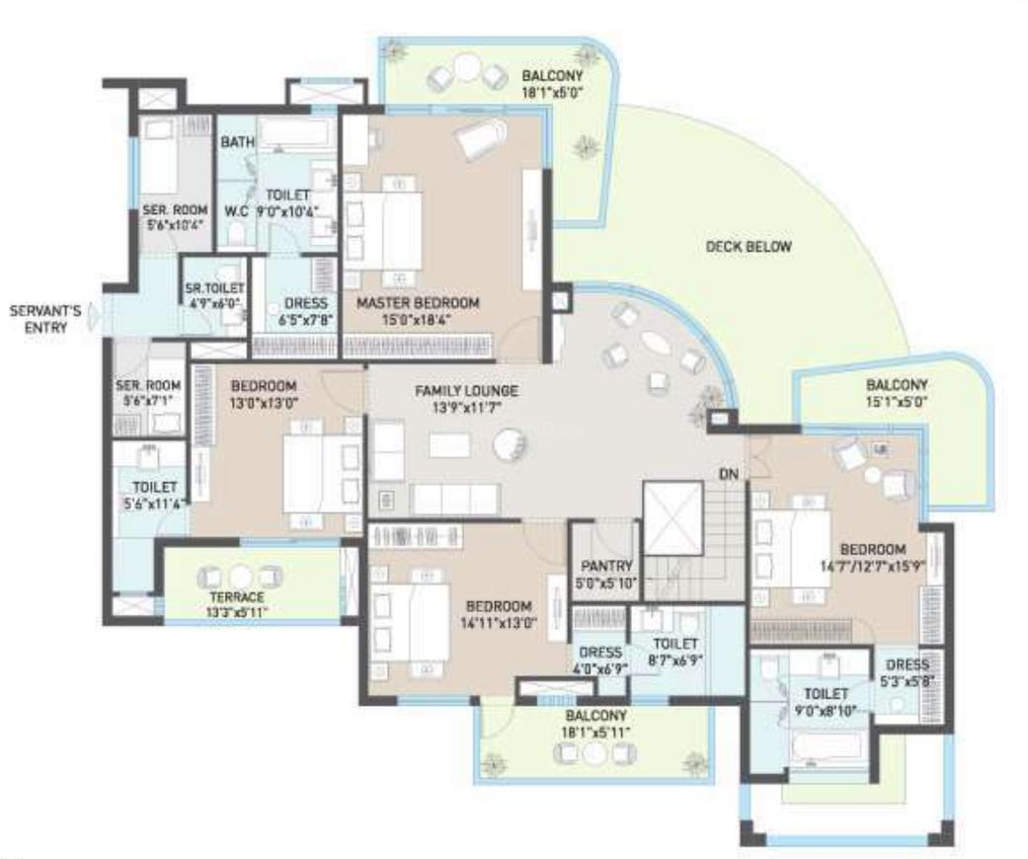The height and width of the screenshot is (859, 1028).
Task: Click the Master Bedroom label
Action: [x=418, y=302]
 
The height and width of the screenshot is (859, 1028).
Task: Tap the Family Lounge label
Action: [x=467, y=391]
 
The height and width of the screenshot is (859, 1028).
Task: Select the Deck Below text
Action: [x=749, y=247]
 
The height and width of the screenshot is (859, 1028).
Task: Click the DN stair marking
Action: [x=728, y=475]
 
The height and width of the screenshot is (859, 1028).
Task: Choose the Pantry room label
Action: [x=603, y=567]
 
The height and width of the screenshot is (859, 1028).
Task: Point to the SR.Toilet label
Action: [x=213, y=288]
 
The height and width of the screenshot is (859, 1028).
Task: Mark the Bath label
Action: [x=237, y=142]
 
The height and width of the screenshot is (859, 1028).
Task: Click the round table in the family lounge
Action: [x=512, y=445]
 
